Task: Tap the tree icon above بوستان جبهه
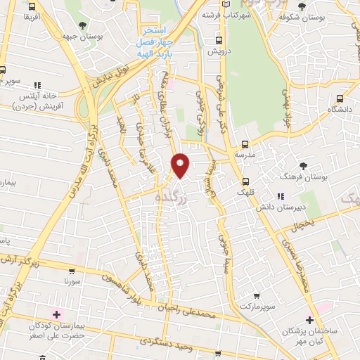[84, 25]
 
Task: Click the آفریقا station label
[31, 17]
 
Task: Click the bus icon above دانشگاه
[340, 100]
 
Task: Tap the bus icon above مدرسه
[245, 143]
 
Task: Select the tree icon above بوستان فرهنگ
[302, 166]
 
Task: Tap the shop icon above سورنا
[72, 271]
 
